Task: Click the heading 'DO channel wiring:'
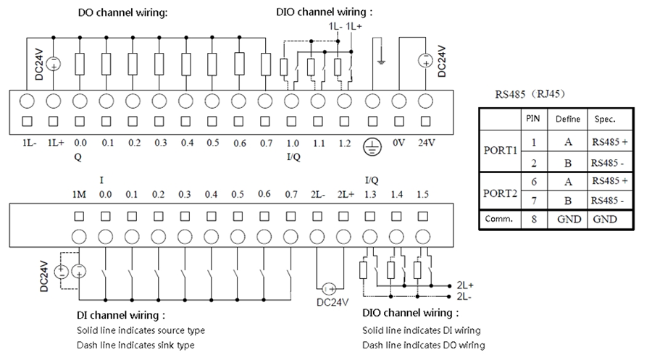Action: pyautogui.click(x=122, y=13)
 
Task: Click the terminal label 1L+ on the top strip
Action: pyautogui.click(x=54, y=143)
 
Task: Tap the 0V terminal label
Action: pyautogui.click(x=398, y=143)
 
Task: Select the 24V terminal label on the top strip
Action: pyautogui.click(x=426, y=143)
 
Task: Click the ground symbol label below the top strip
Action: pyautogui.click(x=371, y=146)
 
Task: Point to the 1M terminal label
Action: pyautogui.click(x=80, y=194)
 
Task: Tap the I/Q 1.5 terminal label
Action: pyautogui.click(x=424, y=194)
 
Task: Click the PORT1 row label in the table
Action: pyautogui.click(x=501, y=152)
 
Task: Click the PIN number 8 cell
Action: pyautogui.click(x=533, y=219)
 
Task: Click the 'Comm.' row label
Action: pyautogui.click(x=500, y=219)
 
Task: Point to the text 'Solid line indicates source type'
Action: pyautogui.click(x=141, y=330)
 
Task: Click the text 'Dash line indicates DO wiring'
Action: pyautogui.click(x=423, y=345)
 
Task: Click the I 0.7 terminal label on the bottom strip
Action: pyautogui.click(x=291, y=194)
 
